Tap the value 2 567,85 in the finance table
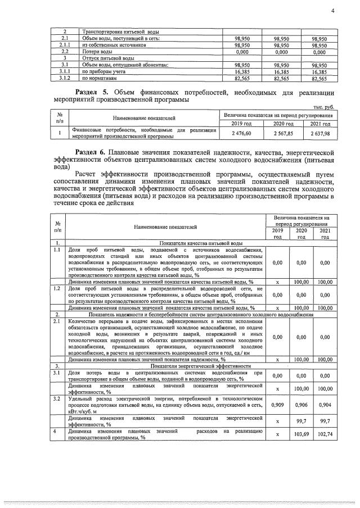point(283,133)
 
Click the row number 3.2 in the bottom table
point(57,398)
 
